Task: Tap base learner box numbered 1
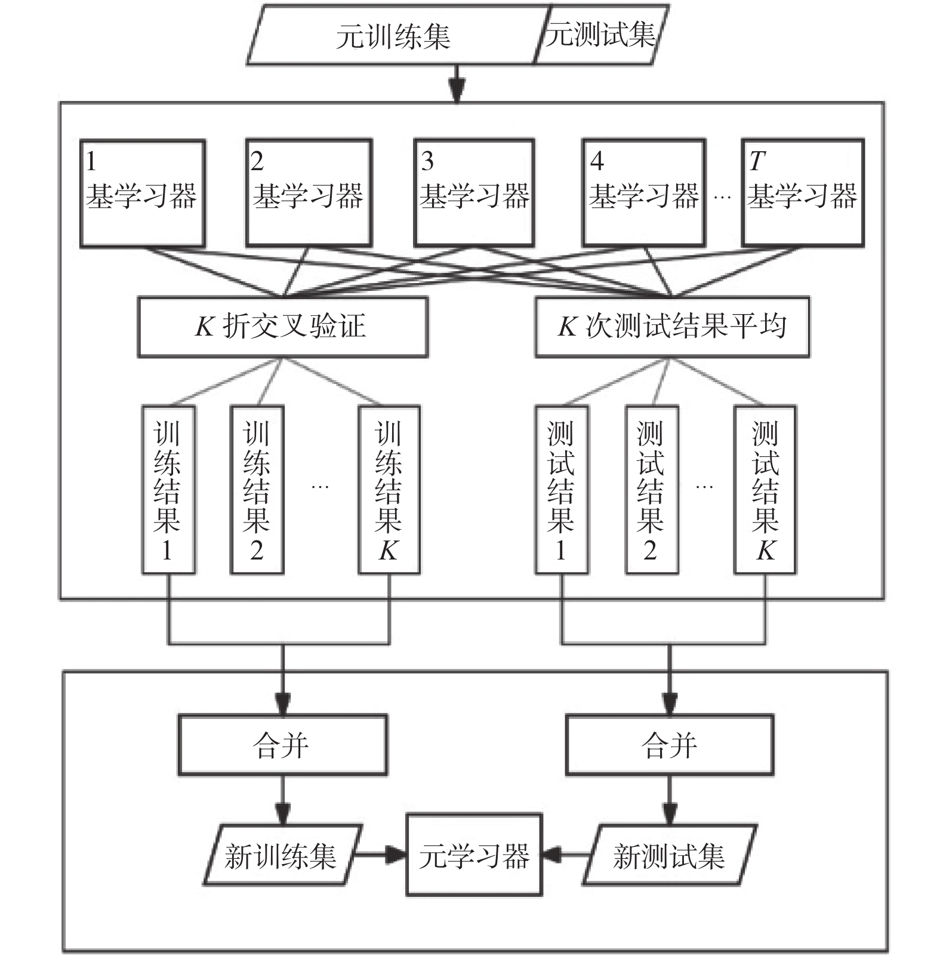[x=143, y=193]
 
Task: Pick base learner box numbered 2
[x=309, y=193]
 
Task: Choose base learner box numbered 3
[x=474, y=193]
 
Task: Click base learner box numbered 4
[x=644, y=193]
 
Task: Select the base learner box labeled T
[x=803, y=193]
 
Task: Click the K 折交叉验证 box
[x=282, y=327]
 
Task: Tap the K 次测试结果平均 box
[x=672, y=327]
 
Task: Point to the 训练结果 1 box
[x=168, y=490]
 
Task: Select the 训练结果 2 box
[x=257, y=490]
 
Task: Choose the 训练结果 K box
[x=389, y=490]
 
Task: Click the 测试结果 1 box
[x=561, y=490]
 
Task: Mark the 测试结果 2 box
[x=651, y=490]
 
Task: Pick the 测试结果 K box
[x=765, y=490]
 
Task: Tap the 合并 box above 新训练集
[x=282, y=745]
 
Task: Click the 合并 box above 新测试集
[x=669, y=745]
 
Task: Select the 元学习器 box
[x=474, y=855]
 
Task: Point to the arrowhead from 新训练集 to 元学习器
[x=396, y=854]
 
